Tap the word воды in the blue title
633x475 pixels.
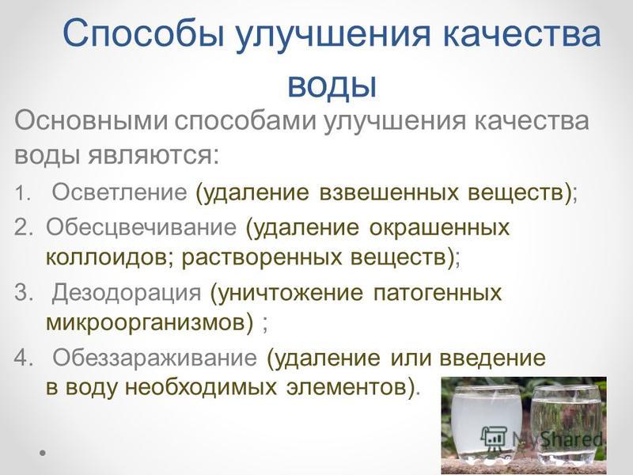[x=332, y=84]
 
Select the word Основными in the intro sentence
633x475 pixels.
[x=91, y=120]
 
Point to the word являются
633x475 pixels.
[x=154, y=155]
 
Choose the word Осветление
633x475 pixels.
[x=119, y=192]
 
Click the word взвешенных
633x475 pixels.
[x=389, y=192]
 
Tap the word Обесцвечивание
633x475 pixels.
[x=141, y=227]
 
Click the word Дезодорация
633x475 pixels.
[x=127, y=292]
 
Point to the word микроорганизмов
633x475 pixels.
[x=150, y=322]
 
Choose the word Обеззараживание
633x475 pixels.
[x=154, y=358]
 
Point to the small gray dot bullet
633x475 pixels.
[x=43, y=453]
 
